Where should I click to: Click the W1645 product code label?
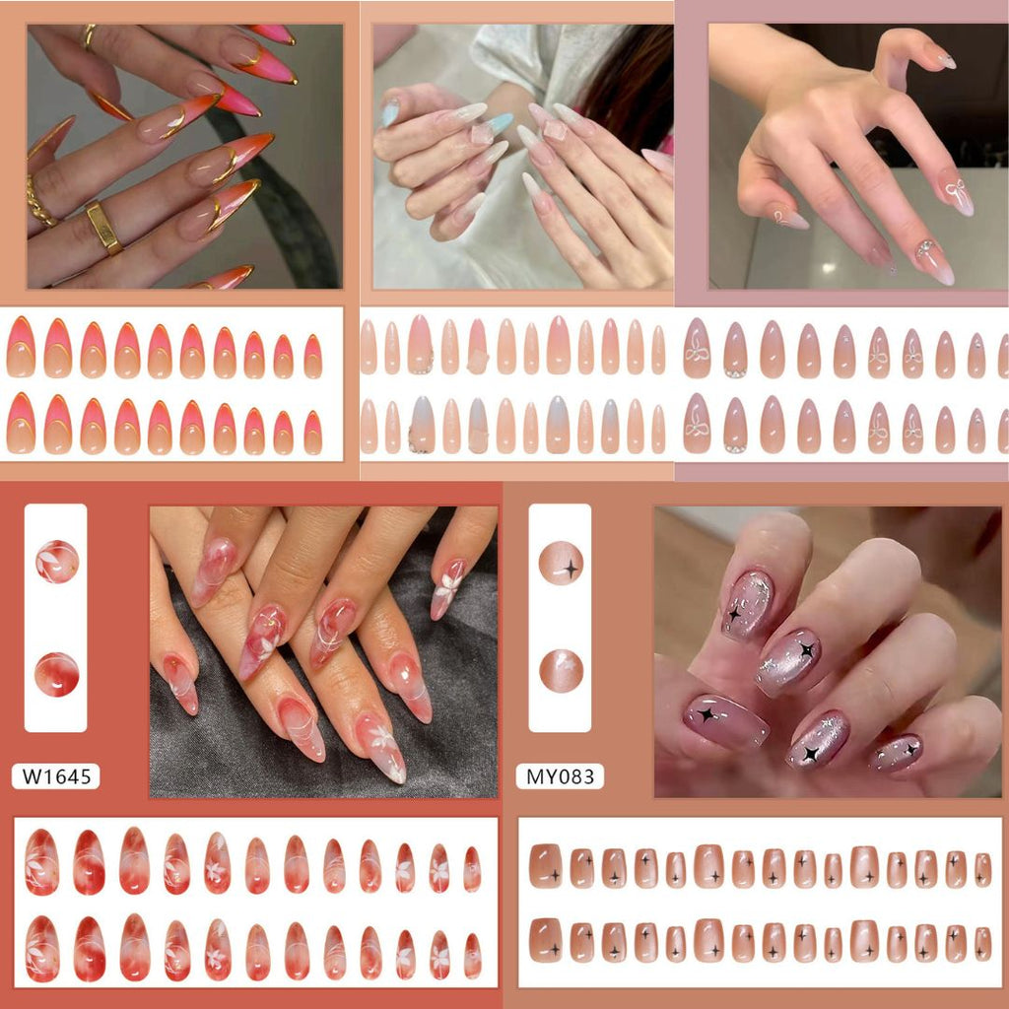click(x=56, y=776)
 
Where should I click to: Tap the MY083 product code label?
click(x=560, y=776)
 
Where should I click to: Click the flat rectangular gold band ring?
click(x=104, y=228)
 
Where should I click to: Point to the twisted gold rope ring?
click(x=39, y=201)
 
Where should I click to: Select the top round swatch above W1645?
click(x=56, y=562)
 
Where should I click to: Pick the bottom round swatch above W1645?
click(x=56, y=674)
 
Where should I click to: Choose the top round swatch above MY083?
click(x=561, y=563)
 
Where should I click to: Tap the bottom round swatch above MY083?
click(x=561, y=671)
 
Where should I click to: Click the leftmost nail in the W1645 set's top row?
click(x=41, y=862)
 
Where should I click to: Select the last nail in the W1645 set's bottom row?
click(x=472, y=956)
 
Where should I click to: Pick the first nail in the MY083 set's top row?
click(x=545, y=866)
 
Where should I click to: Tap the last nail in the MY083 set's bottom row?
click(x=982, y=944)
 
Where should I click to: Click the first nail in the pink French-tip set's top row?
click(x=22, y=347)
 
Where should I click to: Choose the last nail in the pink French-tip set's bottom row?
click(x=312, y=433)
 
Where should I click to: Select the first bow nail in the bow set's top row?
click(x=697, y=348)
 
